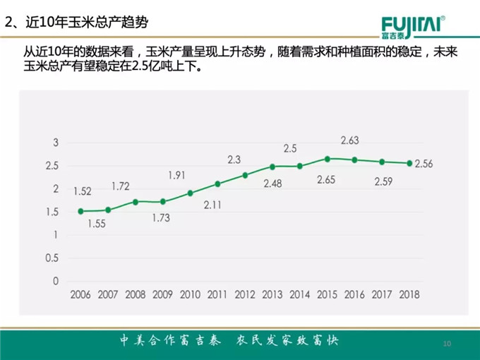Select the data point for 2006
click(81, 211)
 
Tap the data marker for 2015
click(328, 159)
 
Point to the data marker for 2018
click(409, 163)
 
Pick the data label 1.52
click(82, 191)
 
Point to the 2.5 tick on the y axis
click(52, 166)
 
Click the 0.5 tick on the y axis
click(52, 258)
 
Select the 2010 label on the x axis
click(191, 294)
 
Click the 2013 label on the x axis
click(272, 294)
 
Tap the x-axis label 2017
click(382, 294)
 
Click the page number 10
click(446, 343)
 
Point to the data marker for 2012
click(246, 175)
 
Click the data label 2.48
click(272, 184)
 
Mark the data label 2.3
click(235, 160)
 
